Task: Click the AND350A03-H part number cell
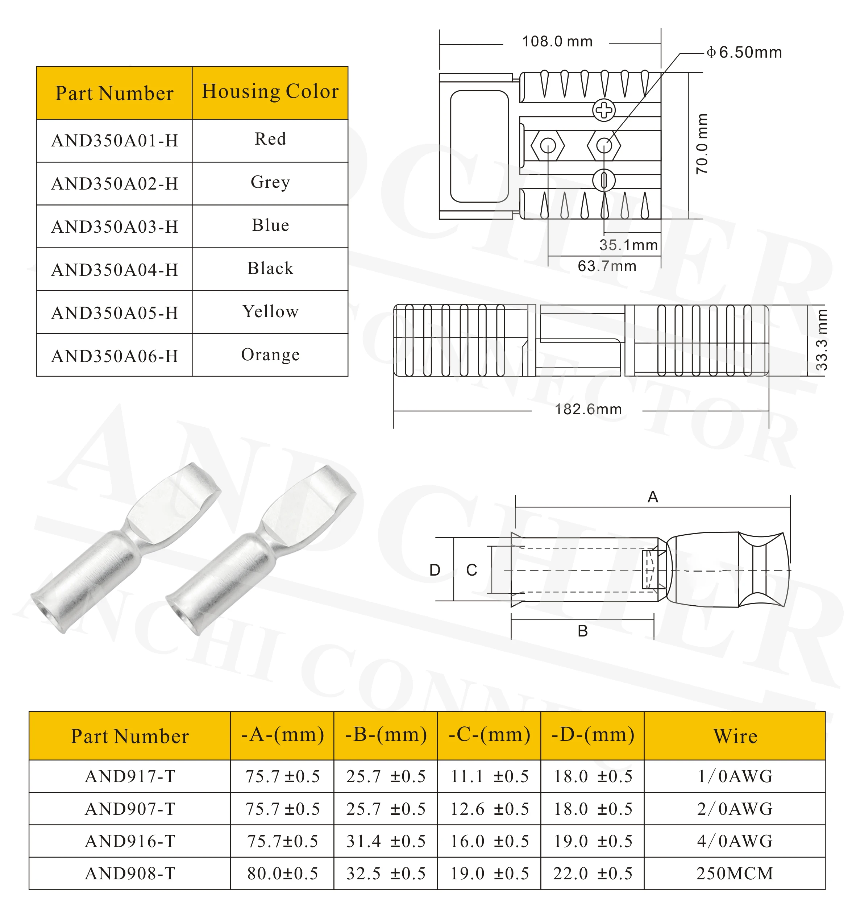tap(114, 227)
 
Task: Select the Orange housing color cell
tap(270, 354)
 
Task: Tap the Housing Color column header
tap(270, 92)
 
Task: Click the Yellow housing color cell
tap(270, 312)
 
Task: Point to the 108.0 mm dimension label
tap(557, 42)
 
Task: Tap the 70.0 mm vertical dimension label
tap(702, 144)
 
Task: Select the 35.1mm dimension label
tap(628, 245)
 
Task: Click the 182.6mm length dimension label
tap(588, 409)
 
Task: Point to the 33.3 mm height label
tap(821, 340)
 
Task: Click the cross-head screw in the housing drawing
tap(604, 110)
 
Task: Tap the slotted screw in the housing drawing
tap(604, 180)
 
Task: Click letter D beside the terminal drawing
tap(435, 570)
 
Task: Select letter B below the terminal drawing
tap(583, 631)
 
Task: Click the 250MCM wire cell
tap(735, 873)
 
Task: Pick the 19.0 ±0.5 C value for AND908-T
tap(489, 873)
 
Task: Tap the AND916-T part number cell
tap(130, 841)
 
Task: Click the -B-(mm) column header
tap(386, 735)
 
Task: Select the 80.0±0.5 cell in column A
tap(282, 873)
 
